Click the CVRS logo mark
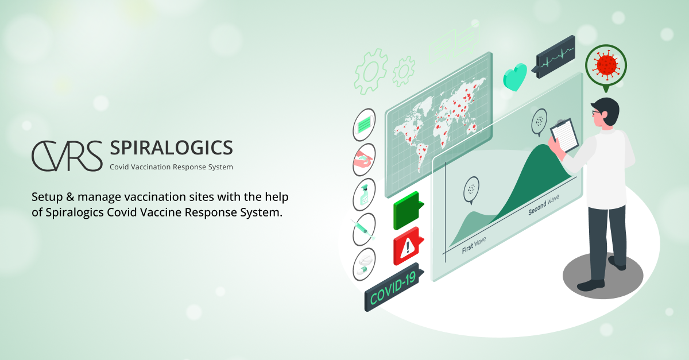click(x=67, y=155)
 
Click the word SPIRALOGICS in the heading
click(x=171, y=148)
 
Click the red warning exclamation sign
click(x=408, y=247)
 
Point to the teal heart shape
click(x=515, y=77)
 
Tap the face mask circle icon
click(x=363, y=125)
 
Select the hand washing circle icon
click(x=363, y=160)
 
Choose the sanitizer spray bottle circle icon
click(x=364, y=195)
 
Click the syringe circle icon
click(x=364, y=230)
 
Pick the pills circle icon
click(x=364, y=264)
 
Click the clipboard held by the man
click(x=566, y=136)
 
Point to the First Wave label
click(x=474, y=249)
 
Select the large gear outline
click(x=370, y=71)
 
